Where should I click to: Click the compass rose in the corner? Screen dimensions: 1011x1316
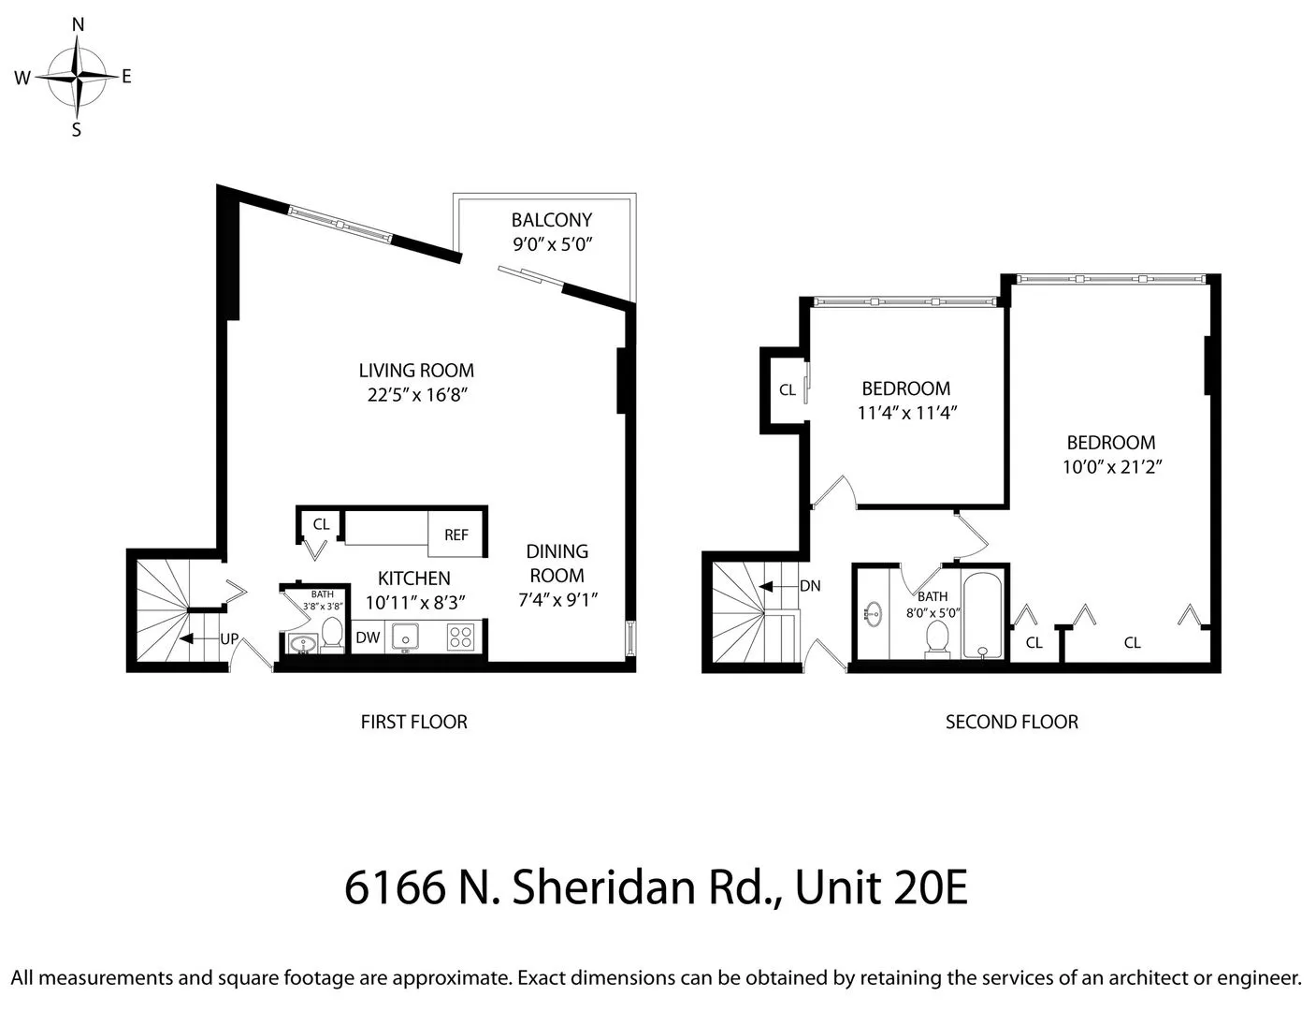(x=79, y=78)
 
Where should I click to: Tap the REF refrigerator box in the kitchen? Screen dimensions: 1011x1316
(x=456, y=535)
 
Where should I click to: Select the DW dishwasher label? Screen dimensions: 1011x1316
(x=368, y=637)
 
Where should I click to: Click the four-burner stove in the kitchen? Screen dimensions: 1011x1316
(x=460, y=637)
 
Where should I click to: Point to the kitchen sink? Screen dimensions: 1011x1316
(x=406, y=637)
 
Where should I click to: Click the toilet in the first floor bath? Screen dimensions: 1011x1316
(x=331, y=633)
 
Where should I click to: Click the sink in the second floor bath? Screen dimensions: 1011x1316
(x=874, y=614)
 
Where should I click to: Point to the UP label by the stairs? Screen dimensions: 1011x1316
(x=229, y=639)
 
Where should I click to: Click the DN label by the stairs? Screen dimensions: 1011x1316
(x=810, y=586)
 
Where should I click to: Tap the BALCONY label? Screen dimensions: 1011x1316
(x=552, y=220)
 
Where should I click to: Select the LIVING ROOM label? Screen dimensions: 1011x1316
(x=416, y=371)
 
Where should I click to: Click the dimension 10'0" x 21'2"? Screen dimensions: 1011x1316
(x=1111, y=466)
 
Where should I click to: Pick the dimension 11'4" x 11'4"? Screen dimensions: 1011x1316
(x=906, y=412)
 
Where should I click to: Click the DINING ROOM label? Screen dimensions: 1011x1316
(x=557, y=564)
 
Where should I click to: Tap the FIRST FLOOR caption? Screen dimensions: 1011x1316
(x=413, y=722)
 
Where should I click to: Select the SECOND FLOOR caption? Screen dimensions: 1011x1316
(x=1011, y=722)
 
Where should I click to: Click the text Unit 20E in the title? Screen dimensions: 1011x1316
(x=881, y=887)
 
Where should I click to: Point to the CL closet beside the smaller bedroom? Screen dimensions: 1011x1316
(x=787, y=389)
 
